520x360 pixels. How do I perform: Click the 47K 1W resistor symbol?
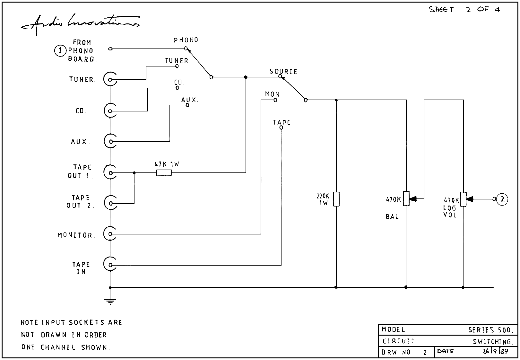click(x=164, y=173)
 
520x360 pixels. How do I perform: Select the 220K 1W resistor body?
click(x=336, y=199)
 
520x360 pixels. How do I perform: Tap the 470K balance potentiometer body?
click(x=406, y=199)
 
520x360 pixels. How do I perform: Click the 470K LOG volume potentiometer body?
click(x=463, y=199)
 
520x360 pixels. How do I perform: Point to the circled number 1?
click(x=60, y=51)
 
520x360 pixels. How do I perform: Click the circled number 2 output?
click(x=502, y=199)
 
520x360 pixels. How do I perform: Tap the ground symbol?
click(x=110, y=301)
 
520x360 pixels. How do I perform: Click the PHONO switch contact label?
click(x=186, y=40)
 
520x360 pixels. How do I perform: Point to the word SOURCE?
click(x=283, y=71)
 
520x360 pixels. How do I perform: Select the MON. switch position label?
click(x=273, y=94)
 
